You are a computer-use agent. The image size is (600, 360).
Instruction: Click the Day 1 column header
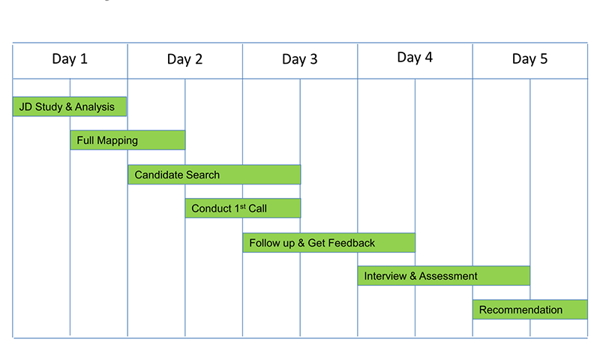coord(70,59)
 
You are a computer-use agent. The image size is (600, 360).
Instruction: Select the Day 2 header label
coord(184,59)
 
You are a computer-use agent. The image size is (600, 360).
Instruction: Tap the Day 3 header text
coord(299,59)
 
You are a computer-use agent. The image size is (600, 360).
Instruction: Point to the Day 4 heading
coord(415,58)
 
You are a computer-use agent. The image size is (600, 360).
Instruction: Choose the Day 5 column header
coord(530,59)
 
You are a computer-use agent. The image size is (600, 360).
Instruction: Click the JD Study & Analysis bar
coord(70,106)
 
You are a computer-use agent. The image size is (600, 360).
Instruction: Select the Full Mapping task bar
coord(127,140)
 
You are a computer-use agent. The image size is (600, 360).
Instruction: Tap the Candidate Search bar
coord(214,175)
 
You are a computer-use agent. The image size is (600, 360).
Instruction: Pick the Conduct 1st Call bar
coord(243,208)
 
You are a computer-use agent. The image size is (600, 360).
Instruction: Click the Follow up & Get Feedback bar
coord(329,242)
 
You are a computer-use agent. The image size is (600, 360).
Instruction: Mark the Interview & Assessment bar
coord(444,275)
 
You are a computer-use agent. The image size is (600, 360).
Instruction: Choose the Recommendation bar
coord(530,309)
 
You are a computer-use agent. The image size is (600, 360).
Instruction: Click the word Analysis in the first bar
coord(94,106)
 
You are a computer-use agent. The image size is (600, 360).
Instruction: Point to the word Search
coord(202,175)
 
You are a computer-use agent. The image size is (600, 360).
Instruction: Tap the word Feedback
coord(351,243)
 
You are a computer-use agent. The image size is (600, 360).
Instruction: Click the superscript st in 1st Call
coord(243,206)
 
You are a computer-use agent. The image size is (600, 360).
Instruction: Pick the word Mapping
coord(118,141)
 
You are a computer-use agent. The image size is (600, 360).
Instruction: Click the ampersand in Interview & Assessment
coord(413,276)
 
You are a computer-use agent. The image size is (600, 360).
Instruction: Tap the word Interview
coord(385,276)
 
